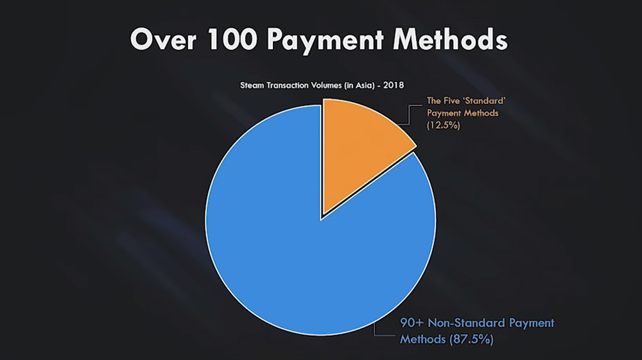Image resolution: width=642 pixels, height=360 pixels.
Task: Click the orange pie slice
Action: [x=360, y=148]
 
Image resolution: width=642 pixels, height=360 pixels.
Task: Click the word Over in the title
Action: [x=163, y=40]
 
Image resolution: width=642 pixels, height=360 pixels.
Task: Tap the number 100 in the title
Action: [x=233, y=40]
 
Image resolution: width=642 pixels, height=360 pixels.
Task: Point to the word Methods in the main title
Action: [x=450, y=40]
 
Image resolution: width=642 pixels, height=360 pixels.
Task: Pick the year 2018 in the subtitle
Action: [x=394, y=85]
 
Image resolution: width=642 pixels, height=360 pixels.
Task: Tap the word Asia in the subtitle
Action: [x=364, y=85]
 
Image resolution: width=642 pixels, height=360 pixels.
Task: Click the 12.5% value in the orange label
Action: [x=444, y=125]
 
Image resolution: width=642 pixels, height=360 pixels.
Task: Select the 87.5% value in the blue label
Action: [x=472, y=339]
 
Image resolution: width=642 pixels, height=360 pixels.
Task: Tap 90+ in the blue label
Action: [x=412, y=323]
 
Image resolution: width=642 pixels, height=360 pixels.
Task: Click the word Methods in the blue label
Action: [x=422, y=339]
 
